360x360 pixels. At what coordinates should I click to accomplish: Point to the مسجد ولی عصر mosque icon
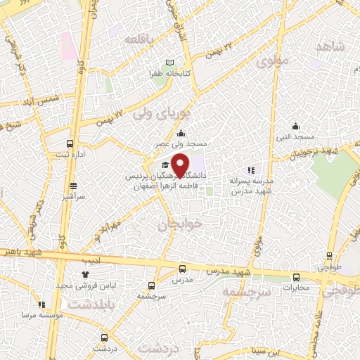click(x=181, y=134)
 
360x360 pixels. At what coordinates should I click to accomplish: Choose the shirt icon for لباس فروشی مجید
click(x=85, y=273)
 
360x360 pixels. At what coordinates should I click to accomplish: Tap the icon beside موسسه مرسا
click(x=41, y=304)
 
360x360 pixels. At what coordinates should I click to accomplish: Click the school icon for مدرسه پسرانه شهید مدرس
click(x=250, y=170)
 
